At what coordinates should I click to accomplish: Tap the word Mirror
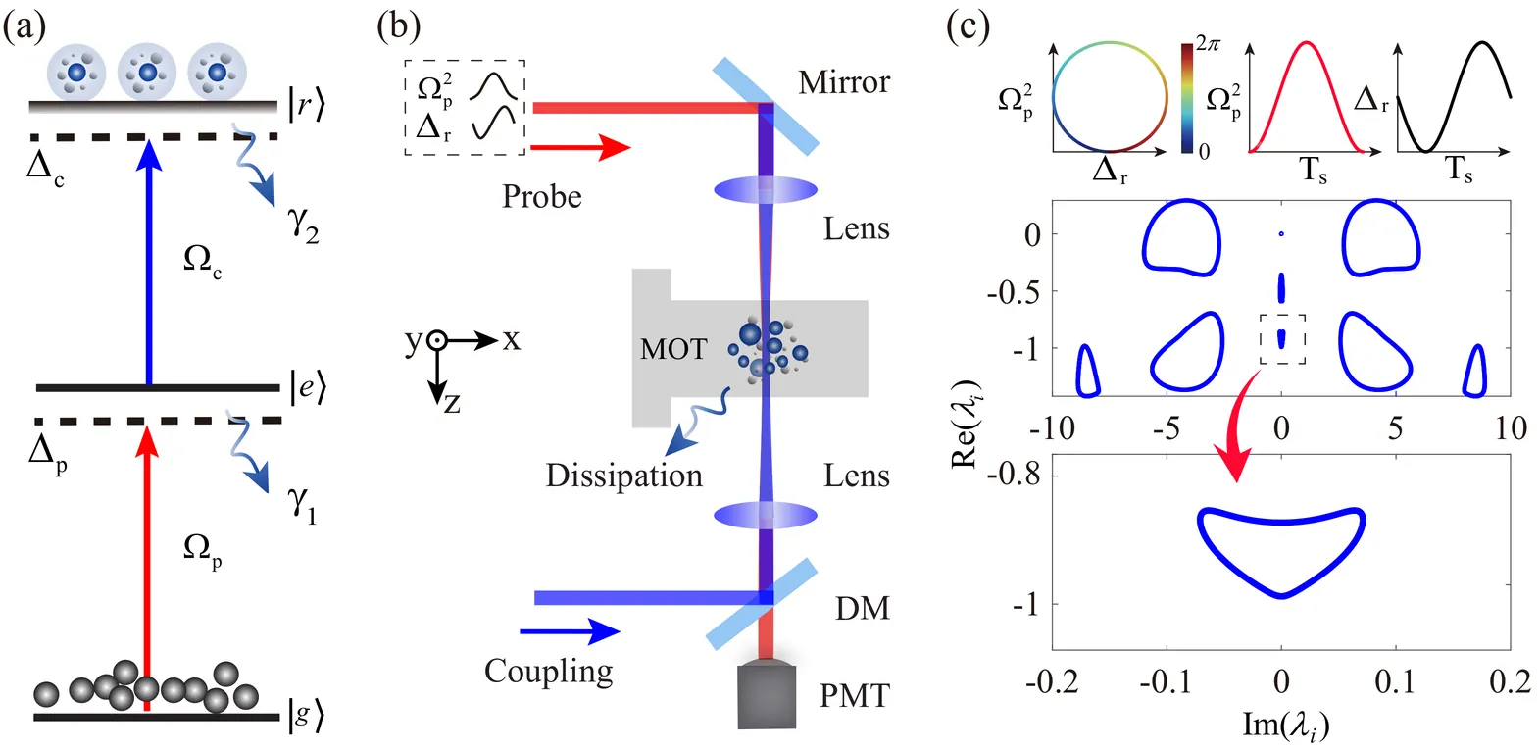pos(844,82)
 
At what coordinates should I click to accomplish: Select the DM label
pos(863,608)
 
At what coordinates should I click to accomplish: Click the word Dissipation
pos(623,476)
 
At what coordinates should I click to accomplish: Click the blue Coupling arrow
pos(570,631)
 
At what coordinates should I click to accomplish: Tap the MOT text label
pos(672,349)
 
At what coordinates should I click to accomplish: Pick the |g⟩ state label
pos(306,716)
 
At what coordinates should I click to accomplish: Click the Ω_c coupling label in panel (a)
pos(202,260)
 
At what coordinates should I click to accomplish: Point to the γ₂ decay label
pos(303,225)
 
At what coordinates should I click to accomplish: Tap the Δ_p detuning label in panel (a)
pos(47,453)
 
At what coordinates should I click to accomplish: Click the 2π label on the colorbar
pos(1208,44)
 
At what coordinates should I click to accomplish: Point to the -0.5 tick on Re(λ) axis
pos(1018,291)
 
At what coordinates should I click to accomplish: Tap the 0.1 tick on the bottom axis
pos(1395,681)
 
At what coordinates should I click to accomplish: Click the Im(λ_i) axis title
pos(1285,725)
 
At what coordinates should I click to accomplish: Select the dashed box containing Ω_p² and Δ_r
pos(465,107)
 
